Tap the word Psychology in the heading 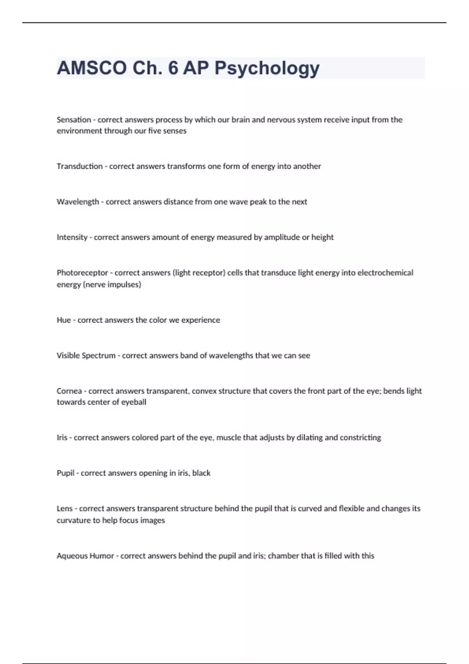[x=267, y=69]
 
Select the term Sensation [x=73, y=120]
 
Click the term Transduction [x=80, y=166]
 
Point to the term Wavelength [x=78, y=202]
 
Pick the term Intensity [x=72, y=237]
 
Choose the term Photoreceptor [x=82, y=273]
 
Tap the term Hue [x=63, y=320]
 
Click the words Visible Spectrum [x=86, y=355]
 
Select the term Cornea [x=69, y=391]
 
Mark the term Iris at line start [x=62, y=437]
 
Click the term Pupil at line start [x=65, y=473]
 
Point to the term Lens [x=64, y=509]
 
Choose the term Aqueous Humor [x=85, y=556]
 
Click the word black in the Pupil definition [x=201, y=473]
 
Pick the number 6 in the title [x=173, y=68]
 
